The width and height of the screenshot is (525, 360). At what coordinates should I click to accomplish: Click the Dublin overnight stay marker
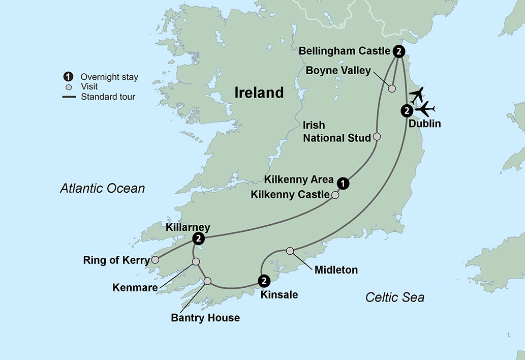click(x=406, y=110)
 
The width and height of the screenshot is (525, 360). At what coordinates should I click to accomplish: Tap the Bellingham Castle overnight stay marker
click(x=399, y=51)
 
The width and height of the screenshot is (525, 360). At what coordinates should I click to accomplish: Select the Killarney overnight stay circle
click(x=199, y=238)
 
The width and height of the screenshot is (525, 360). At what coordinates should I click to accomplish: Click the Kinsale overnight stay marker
click(x=264, y=280)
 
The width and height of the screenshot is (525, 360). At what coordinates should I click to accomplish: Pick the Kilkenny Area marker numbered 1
click(x=344, y=183)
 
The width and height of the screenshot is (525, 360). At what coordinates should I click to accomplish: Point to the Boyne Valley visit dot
click(x=392, y=88)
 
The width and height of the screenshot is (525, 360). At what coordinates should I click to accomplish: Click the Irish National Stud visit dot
click(x=377, y=136)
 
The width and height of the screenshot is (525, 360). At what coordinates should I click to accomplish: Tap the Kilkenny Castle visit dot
click(x=335, y=195)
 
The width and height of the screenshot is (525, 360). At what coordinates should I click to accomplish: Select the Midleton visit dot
click(x=290, y=251)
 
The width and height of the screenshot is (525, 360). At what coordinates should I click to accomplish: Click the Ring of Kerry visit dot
click(x=155, y=260)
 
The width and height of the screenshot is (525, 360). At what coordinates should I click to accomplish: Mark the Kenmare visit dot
click(x=196, y=262)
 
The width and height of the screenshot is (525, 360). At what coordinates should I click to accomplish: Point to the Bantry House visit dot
click(x=207, y=281)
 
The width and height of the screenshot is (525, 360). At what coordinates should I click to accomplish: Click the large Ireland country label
click(x=259, y=93)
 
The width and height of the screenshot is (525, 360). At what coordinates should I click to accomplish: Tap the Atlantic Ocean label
click(x=102, y=189)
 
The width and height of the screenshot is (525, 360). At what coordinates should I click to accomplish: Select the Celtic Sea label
click(x=394, y=297)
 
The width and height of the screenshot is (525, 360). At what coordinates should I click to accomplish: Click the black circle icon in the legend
click(x=67, y=77)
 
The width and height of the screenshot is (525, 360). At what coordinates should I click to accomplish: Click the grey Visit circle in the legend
click(x=68, y=87)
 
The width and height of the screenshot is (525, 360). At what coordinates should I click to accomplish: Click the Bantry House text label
click(x=205, y=318)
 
